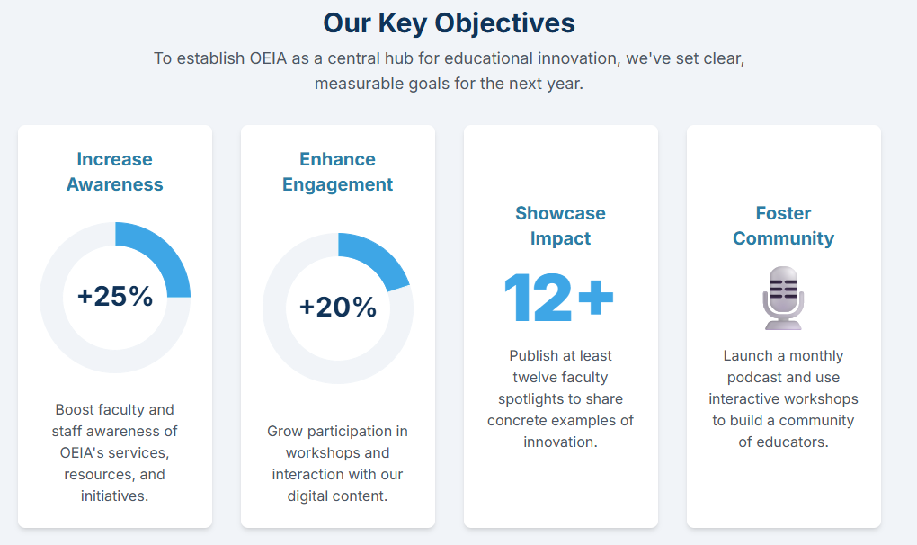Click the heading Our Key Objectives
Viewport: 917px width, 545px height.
tap(450, 24)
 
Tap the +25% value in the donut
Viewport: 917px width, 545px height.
tap(115, 296)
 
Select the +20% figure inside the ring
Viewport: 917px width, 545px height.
tap(338, 307)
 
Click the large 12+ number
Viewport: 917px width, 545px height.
tap(558, 298)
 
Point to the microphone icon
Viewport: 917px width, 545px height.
tap(783, 299)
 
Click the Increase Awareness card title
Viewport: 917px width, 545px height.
tap(115, 172)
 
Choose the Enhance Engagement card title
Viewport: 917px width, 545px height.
tap(337, 172)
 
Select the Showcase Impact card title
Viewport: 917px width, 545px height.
tap(560, 226)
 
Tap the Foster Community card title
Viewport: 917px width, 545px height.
tap(783, 226)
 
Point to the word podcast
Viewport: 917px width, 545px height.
tap(754, 378)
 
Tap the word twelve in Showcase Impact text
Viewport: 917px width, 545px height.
tap(532, 378)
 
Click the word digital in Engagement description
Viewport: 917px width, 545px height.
tap(308, 496)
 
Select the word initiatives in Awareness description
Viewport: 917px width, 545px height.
tap(115, 496)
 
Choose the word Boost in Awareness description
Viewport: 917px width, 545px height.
tap(72, 410)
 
